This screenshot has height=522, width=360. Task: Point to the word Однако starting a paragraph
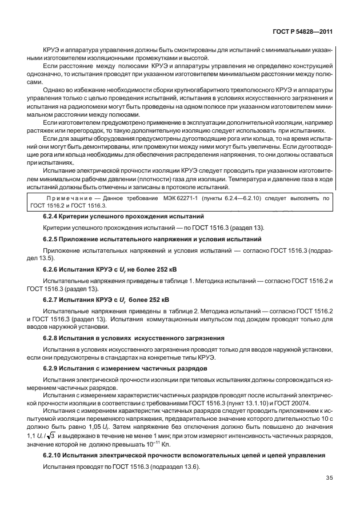[55, 89]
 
